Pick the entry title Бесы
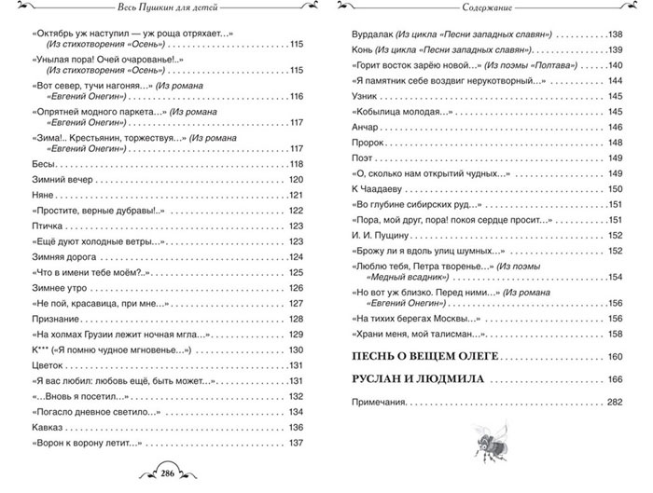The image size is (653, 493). click(x=42, y=163)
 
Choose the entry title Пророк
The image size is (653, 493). click(x=365, y=143)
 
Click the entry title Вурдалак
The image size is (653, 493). click(x=369, y=34)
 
